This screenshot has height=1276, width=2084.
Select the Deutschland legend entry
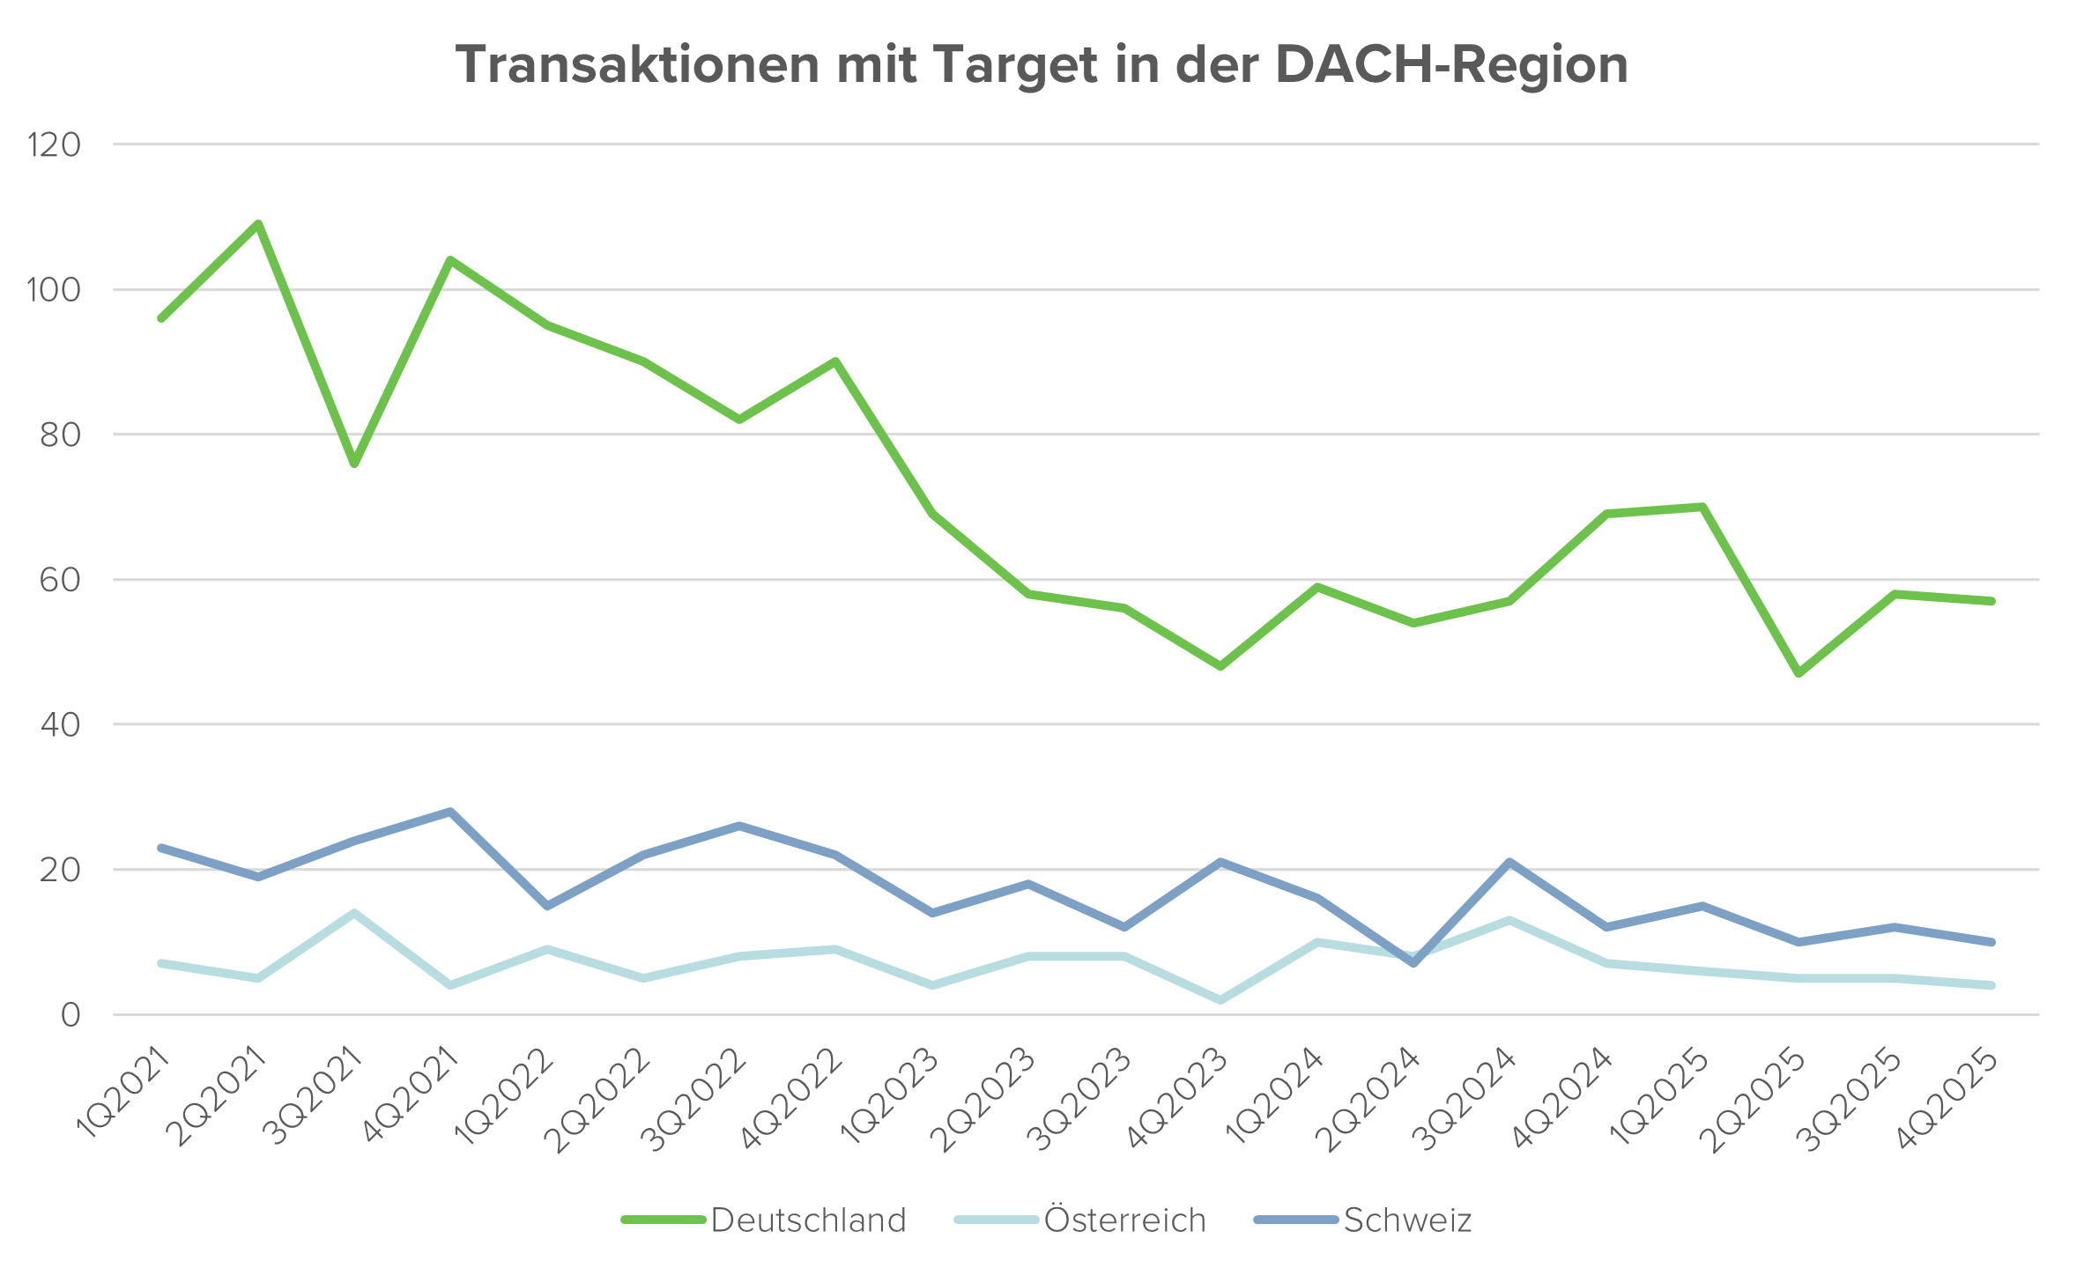point(807,1220)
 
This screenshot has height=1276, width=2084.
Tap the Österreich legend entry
point(1124,1220)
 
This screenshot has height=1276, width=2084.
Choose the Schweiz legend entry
point(1407,1220)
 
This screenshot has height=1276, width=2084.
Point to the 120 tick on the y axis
point(55,145)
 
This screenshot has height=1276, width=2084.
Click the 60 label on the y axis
point(59,580)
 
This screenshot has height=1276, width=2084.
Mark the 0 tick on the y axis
point(70,1015)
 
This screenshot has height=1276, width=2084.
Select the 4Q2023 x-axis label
point(1177,1097)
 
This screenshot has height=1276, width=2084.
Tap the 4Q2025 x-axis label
point(1947,1097)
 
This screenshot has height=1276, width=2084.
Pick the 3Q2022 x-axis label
point(696,1097)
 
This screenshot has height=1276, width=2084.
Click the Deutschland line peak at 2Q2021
point(258,223)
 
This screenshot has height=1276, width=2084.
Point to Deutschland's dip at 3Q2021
point(354,464)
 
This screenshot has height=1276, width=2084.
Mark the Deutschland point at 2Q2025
point(1798,674)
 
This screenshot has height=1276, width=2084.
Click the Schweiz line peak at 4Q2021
point(450,811)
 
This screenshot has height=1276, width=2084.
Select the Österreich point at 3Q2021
point(354,912)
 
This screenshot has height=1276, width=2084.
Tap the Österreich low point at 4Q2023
point(1220,1000)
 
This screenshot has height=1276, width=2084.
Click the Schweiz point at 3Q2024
point(1509,862)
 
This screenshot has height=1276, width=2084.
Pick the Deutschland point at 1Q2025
point(1702,507)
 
